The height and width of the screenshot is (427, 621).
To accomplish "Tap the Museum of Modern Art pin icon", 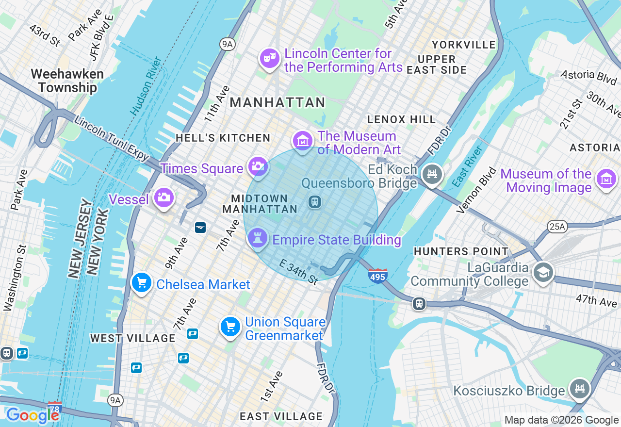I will (x=303, y=141).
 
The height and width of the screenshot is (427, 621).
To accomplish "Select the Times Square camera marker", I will (x=258, y=167).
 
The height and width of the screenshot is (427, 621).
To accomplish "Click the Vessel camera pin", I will (x=163, y=197).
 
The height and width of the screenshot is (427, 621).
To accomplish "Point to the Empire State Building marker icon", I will (x=258, y=238).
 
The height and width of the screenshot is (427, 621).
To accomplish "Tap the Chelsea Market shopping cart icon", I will (x=141, y=283).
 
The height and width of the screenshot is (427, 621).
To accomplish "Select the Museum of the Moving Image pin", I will (x=606, y=179).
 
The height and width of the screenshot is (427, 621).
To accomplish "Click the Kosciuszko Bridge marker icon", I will (x=579, y=388).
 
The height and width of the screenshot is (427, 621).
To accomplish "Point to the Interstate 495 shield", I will (x=377, y=276).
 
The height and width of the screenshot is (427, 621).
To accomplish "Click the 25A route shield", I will (x=557, y=226).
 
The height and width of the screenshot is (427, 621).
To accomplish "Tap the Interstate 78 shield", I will (x=55, y=409).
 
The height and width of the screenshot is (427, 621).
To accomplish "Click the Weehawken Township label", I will (x=67, y=81).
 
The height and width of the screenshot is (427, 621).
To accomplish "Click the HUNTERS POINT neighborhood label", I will (x=461, y=251).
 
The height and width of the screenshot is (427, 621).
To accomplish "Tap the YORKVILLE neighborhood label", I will (x=464, y=45).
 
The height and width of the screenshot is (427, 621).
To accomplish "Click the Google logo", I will (x=33, y=415).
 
